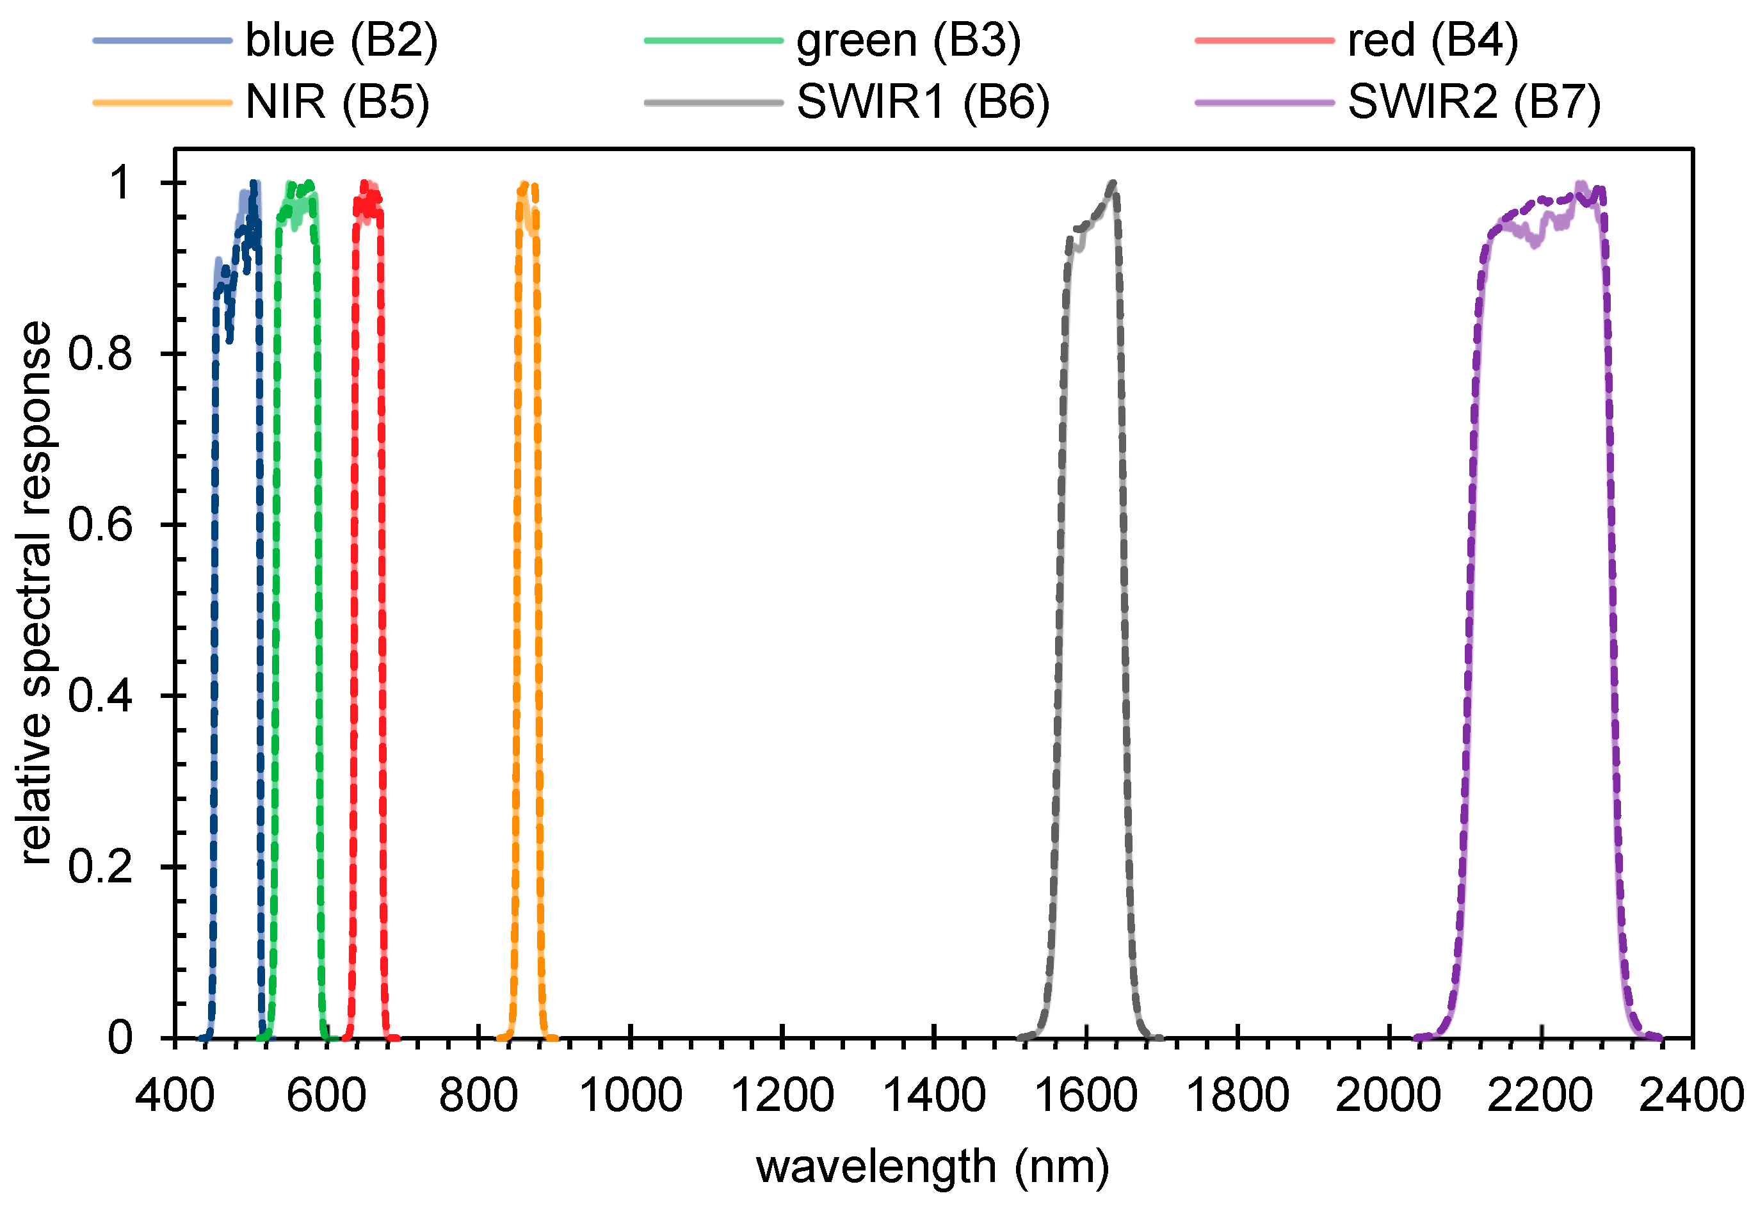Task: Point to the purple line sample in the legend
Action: [x=1264, y=102]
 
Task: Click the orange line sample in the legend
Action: [x=162, y=102]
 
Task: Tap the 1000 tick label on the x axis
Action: [x=630, y=1096]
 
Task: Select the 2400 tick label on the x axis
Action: [x=1691, y=1096]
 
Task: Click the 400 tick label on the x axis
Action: [x=175, y=1096]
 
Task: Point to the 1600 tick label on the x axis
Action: [x=1086, y=1096]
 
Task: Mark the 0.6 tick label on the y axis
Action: [x=100, y=524]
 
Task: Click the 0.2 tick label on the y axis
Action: [x=100, y=866]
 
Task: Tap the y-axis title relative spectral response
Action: [x=36, y=594]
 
